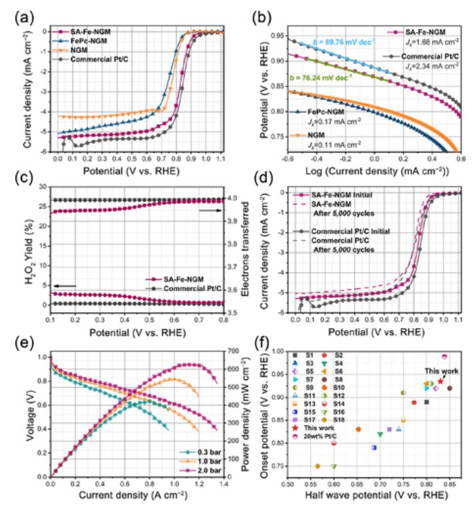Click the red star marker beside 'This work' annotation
click(440, 382)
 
